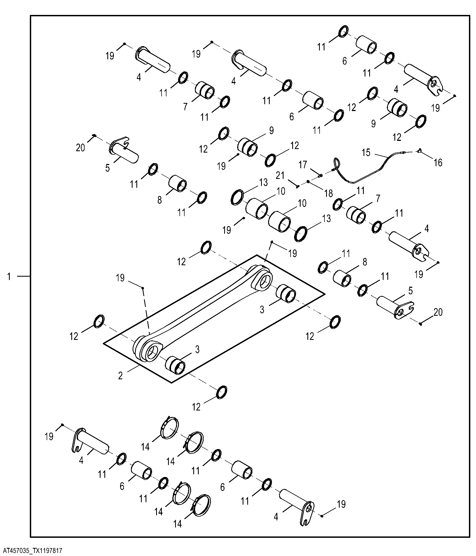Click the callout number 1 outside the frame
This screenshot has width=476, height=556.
9,277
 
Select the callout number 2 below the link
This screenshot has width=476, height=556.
120,376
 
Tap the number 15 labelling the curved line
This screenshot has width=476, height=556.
366,153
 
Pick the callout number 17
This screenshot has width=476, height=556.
303,165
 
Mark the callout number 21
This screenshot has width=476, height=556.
280,176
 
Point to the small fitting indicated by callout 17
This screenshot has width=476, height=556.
320,175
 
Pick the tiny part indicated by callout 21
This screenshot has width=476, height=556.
297,186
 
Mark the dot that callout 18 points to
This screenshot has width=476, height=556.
308,181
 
